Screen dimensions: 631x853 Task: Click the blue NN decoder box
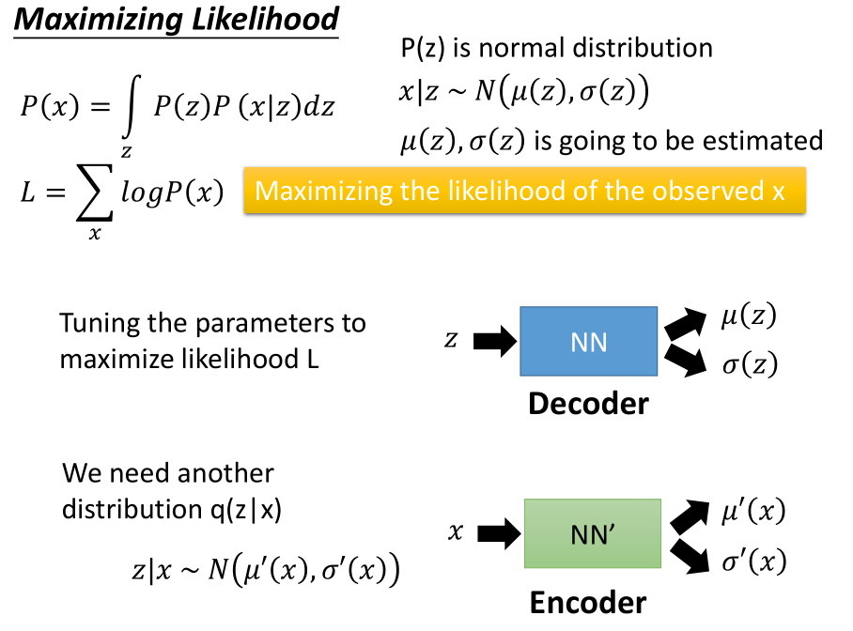click(589, 342)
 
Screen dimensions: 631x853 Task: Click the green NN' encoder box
click(592, 533)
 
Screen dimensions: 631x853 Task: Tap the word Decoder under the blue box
click(588, 404)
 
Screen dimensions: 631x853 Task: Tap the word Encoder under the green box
click(588, 602)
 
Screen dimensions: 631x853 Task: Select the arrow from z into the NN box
click(494, 341)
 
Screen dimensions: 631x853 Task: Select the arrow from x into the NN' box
click(498, 533)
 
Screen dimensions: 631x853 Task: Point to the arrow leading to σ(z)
click(688, 361)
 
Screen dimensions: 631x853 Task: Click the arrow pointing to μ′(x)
click(691, 516)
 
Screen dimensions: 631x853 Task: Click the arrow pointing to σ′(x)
click(691, 555)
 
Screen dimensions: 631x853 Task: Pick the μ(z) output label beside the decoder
click(749, 317)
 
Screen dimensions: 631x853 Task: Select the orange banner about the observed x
click(524, 191)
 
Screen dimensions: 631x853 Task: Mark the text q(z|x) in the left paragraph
click(246, 509)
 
